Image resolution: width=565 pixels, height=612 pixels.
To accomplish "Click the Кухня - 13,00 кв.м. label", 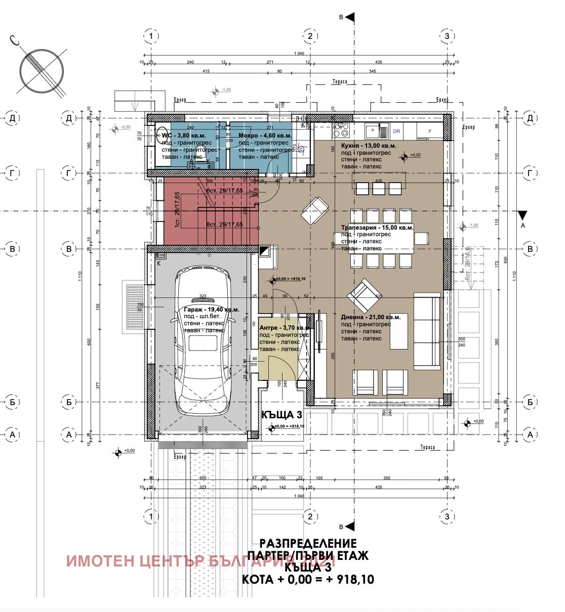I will pos(369,146).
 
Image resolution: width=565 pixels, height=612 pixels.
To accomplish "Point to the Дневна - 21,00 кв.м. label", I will pos(371,317).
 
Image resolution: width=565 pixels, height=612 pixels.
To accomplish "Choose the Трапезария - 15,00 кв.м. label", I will pos(377,228).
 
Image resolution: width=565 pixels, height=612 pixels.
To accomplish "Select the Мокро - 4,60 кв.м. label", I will pos(265,136).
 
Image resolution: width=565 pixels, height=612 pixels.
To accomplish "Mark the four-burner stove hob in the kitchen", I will pos(341,130).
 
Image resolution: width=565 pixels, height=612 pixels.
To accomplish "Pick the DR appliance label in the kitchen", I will pos(396,131).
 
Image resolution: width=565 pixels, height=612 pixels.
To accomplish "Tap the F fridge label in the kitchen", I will pos(430,131).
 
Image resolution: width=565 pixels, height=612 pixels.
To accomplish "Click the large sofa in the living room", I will pos(427,331).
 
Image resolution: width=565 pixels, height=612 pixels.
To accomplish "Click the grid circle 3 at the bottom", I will pos(446,516).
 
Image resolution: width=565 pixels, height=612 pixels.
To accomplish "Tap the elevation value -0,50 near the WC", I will pos(126,127).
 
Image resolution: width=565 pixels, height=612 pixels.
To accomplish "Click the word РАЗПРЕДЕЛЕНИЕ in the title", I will pos(308,543).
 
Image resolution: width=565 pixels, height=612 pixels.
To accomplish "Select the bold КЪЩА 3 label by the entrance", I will pos(281,415).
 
